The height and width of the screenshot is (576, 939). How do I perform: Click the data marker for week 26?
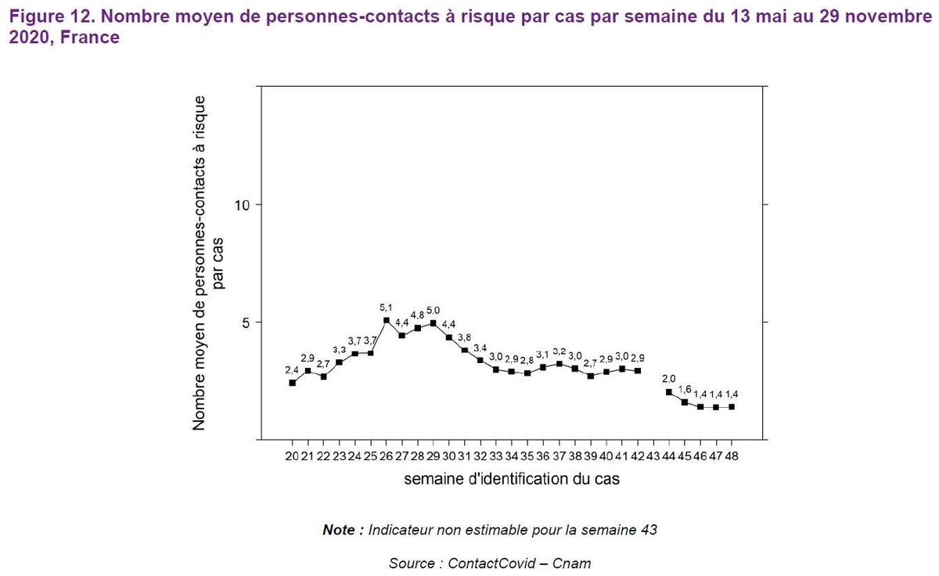point(387,320)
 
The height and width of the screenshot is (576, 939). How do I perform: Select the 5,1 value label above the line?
point(386,308)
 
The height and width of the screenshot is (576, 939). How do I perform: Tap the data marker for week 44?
point(669,392)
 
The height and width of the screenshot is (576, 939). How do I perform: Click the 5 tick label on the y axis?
point(244,322)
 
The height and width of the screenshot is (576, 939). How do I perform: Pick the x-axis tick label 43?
point(653,456)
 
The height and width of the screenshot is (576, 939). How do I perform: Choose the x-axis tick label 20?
point(292,456)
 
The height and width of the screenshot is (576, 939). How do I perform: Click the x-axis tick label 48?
point(732,456)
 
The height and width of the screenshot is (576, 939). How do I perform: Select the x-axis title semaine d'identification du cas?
point(512,479)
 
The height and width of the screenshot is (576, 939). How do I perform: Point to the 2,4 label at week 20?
point(292,370)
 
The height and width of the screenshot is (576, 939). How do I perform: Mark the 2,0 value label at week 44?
point(669,379)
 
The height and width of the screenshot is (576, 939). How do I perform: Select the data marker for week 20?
point(292,383)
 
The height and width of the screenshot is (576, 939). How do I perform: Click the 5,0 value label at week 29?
point(434,311)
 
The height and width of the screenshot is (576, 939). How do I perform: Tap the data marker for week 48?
point(732,407)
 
